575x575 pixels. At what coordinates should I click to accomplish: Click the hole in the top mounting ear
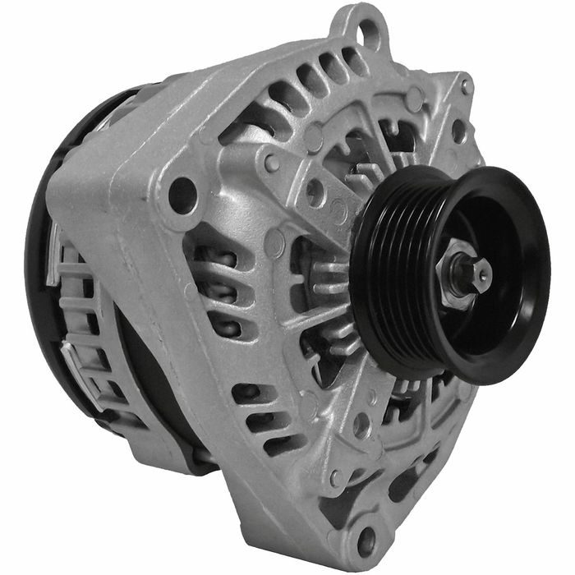[x=369, y=34]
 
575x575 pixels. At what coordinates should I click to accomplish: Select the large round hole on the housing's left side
[x=182, y=195]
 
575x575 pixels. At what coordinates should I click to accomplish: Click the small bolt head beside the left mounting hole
[x=272, y=162]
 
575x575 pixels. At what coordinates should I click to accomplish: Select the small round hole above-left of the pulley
[x=315, y=192]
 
